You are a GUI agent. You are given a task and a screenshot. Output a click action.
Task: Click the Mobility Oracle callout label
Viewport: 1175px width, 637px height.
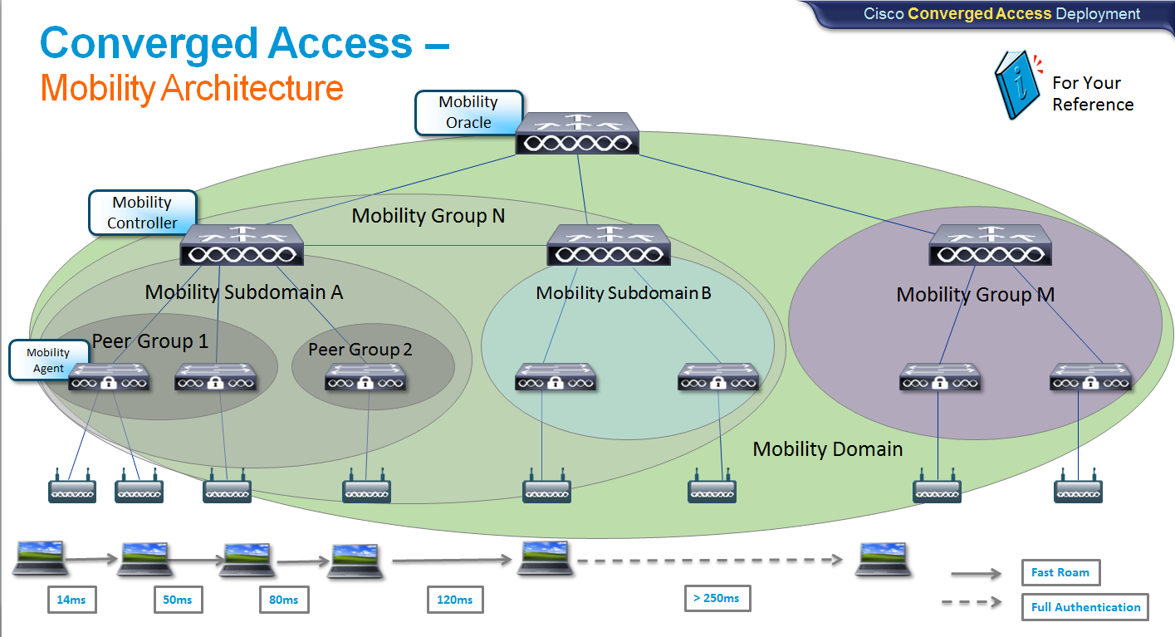(469, 112)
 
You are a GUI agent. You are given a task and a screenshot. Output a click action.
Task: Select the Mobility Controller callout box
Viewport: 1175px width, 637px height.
(143, 213)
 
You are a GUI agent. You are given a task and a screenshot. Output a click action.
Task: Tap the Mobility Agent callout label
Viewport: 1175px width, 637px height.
(49, 360)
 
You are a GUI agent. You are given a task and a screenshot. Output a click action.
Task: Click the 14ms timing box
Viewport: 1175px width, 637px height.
(71, 600)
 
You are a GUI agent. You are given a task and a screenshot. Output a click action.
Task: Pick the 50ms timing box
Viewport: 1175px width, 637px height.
(178, 600)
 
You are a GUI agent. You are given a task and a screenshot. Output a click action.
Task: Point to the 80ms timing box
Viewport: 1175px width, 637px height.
(284, 600)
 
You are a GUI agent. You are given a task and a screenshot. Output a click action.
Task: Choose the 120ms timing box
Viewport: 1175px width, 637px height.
(455, 600)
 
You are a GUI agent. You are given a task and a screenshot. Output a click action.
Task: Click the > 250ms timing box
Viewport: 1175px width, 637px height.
(716, 597)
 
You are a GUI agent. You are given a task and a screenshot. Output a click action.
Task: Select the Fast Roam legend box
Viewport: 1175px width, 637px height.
(1060, 572)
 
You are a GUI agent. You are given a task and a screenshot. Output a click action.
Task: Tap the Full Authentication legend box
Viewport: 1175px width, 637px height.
(1085, 607)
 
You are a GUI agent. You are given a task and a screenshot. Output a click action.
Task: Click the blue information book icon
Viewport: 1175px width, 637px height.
(1017, 85)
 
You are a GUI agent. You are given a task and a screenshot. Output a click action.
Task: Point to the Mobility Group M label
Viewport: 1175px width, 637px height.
(976, 295)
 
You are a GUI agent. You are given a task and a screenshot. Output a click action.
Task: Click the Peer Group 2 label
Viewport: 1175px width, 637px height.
(360, 350)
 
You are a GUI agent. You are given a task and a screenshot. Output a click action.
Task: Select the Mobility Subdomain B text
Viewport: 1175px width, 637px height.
(624, 293)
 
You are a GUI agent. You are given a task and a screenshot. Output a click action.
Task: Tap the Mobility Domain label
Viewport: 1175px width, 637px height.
(827, 449)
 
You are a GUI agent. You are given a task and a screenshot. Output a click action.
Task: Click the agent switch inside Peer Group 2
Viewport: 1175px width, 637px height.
(365, 378)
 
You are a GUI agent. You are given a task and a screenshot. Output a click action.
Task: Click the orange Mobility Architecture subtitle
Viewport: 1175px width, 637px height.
(192, 88)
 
